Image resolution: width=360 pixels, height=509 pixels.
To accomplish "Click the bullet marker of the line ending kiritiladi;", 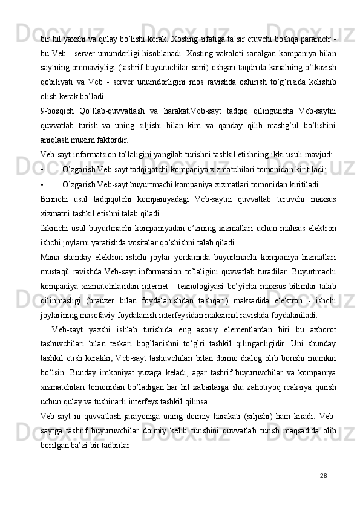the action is click(x=41, y=170).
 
